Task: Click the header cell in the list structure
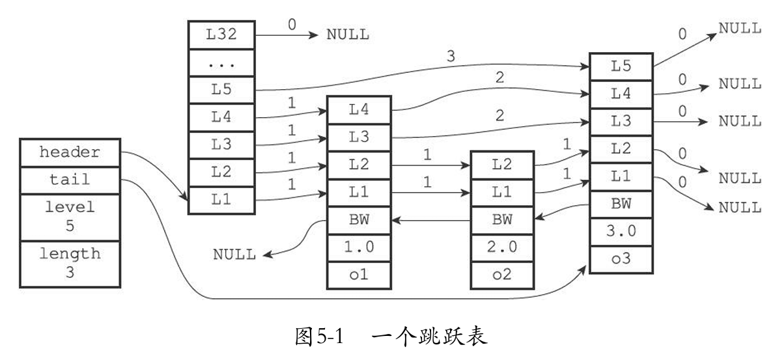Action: [70, 152]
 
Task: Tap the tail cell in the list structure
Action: [70, 179]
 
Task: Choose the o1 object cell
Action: [358, 274]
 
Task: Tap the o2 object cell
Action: [501, 274]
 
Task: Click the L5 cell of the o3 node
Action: [621, 66]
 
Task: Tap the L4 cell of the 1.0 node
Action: [358, 109]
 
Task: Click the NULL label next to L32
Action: [347, 35]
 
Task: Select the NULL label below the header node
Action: [234, 254]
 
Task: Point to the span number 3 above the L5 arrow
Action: [451, 56]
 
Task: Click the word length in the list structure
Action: [69, 253]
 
